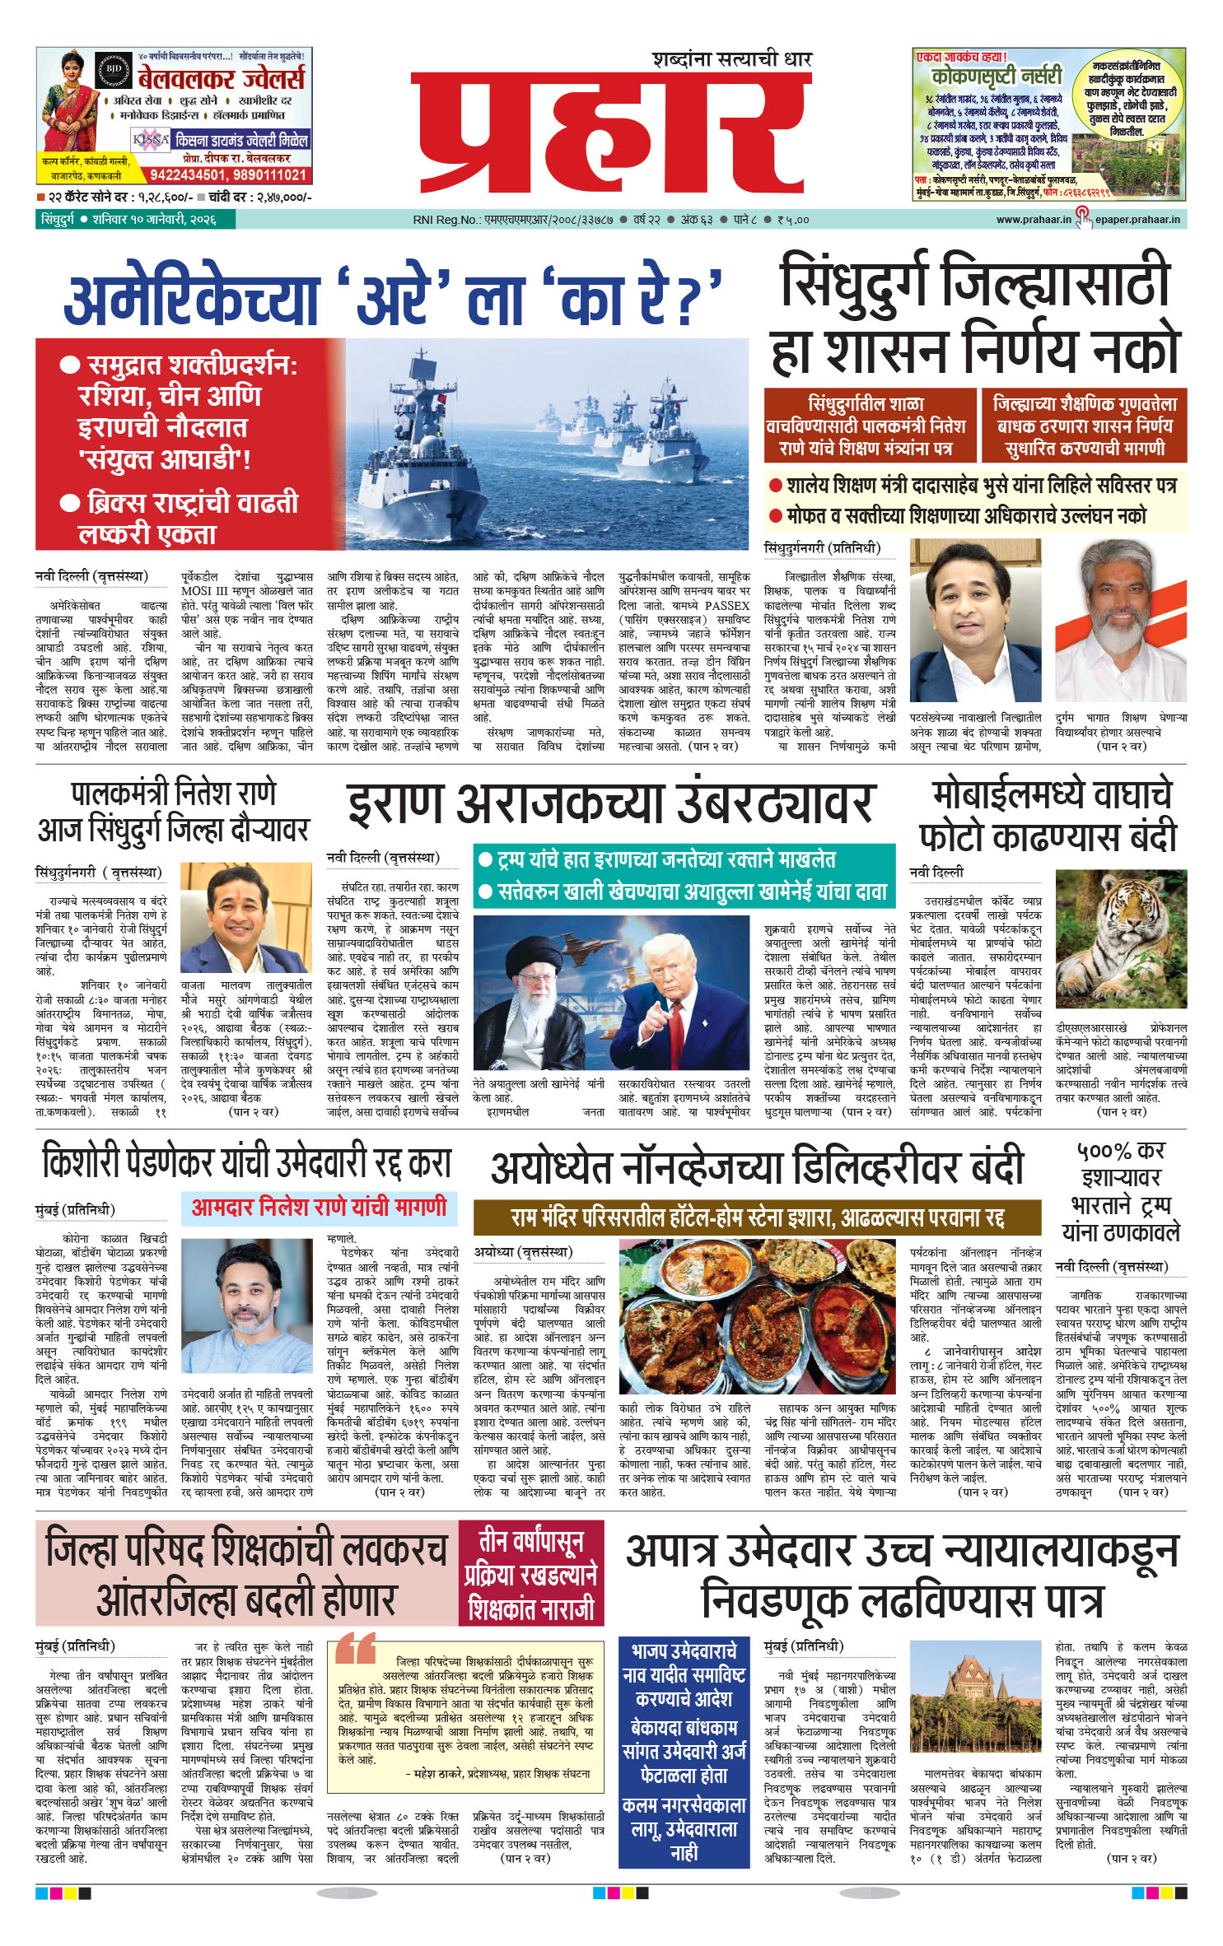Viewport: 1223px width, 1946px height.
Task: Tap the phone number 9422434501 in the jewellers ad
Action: tap(189, 175)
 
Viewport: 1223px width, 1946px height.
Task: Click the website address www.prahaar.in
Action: tap(1033, 220)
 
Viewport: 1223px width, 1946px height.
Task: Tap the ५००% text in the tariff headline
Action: tap(1104, 1151)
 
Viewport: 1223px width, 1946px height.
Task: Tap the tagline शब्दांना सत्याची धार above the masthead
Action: tap(731, 59)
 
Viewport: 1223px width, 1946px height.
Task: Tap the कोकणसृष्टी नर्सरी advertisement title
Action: tap(997, 77)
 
